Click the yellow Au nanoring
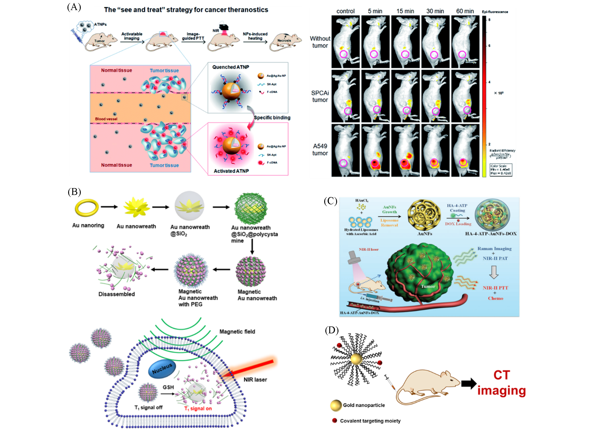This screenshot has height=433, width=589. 87,208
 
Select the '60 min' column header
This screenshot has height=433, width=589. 465,11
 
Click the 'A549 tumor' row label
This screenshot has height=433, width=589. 320,150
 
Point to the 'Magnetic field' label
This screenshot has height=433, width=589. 237,332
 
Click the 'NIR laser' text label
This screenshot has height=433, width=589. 255,380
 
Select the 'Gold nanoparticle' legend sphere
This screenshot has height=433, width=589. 336,405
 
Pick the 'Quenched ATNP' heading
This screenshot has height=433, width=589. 230,67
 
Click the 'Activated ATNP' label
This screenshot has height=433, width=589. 231,171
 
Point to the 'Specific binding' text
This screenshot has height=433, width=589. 272,118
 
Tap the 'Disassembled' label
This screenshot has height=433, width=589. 117,294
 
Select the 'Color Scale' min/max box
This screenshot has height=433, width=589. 500,170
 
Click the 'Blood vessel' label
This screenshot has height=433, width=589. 106,119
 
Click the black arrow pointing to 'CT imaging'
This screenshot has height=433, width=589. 469,384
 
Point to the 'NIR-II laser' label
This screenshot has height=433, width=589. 368,249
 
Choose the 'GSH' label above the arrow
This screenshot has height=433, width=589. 168,387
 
